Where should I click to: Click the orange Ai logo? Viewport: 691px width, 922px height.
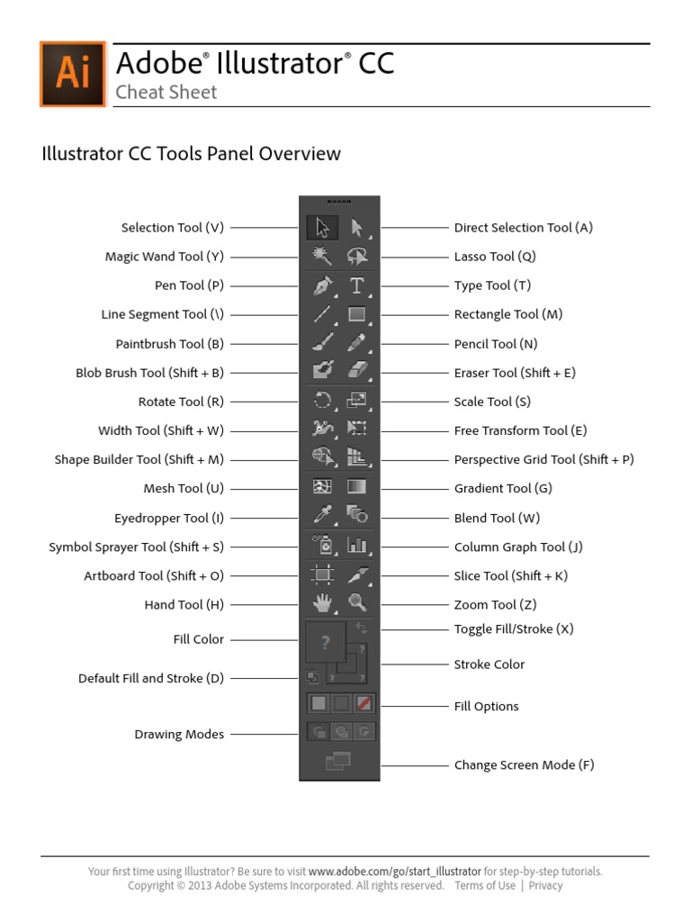point(73,74)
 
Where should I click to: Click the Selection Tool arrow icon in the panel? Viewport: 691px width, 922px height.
point(322,228)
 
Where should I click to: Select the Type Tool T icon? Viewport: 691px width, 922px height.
point(357,286)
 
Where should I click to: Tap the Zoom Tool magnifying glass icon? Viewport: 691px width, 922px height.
point(357,604)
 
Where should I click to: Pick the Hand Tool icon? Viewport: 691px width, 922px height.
point(322,604)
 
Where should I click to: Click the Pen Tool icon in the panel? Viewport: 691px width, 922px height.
point(322,286)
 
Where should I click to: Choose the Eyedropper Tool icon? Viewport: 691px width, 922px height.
point(322,517)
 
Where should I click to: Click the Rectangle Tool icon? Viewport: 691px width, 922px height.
point(357,315)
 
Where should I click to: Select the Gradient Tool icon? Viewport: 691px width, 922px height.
point(357,488)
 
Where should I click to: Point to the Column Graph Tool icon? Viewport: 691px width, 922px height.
point(357,546)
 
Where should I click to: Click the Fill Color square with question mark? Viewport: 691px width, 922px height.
point(325,642)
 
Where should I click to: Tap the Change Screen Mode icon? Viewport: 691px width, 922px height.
point(338,763)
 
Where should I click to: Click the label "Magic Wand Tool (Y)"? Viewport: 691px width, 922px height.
point(165,257)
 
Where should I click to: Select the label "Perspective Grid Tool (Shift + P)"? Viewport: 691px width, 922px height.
point(543,459)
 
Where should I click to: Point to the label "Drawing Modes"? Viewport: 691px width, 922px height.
point(179,735)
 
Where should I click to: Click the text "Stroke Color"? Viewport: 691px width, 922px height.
point(489,664)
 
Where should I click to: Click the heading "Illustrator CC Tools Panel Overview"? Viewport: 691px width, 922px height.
point(192,153)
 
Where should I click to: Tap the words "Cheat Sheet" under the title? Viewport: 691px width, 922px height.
point(166,92)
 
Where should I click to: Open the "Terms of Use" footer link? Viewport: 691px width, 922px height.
point(485,885)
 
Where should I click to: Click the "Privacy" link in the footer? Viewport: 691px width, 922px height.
point(545,885)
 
